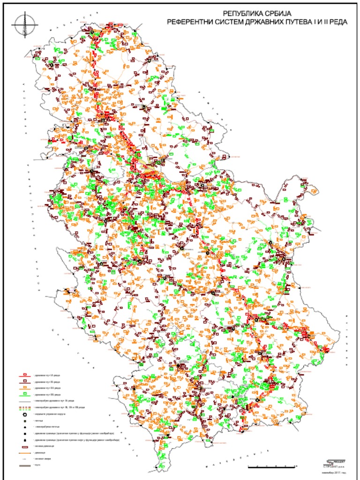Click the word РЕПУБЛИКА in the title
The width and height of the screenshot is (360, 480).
(238, 14)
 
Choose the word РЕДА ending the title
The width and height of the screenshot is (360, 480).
(331, 22)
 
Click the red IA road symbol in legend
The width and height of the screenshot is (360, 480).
(24, 375)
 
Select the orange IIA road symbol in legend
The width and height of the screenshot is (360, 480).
(24, 389)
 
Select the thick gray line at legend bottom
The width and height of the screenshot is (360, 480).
(24, 465)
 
